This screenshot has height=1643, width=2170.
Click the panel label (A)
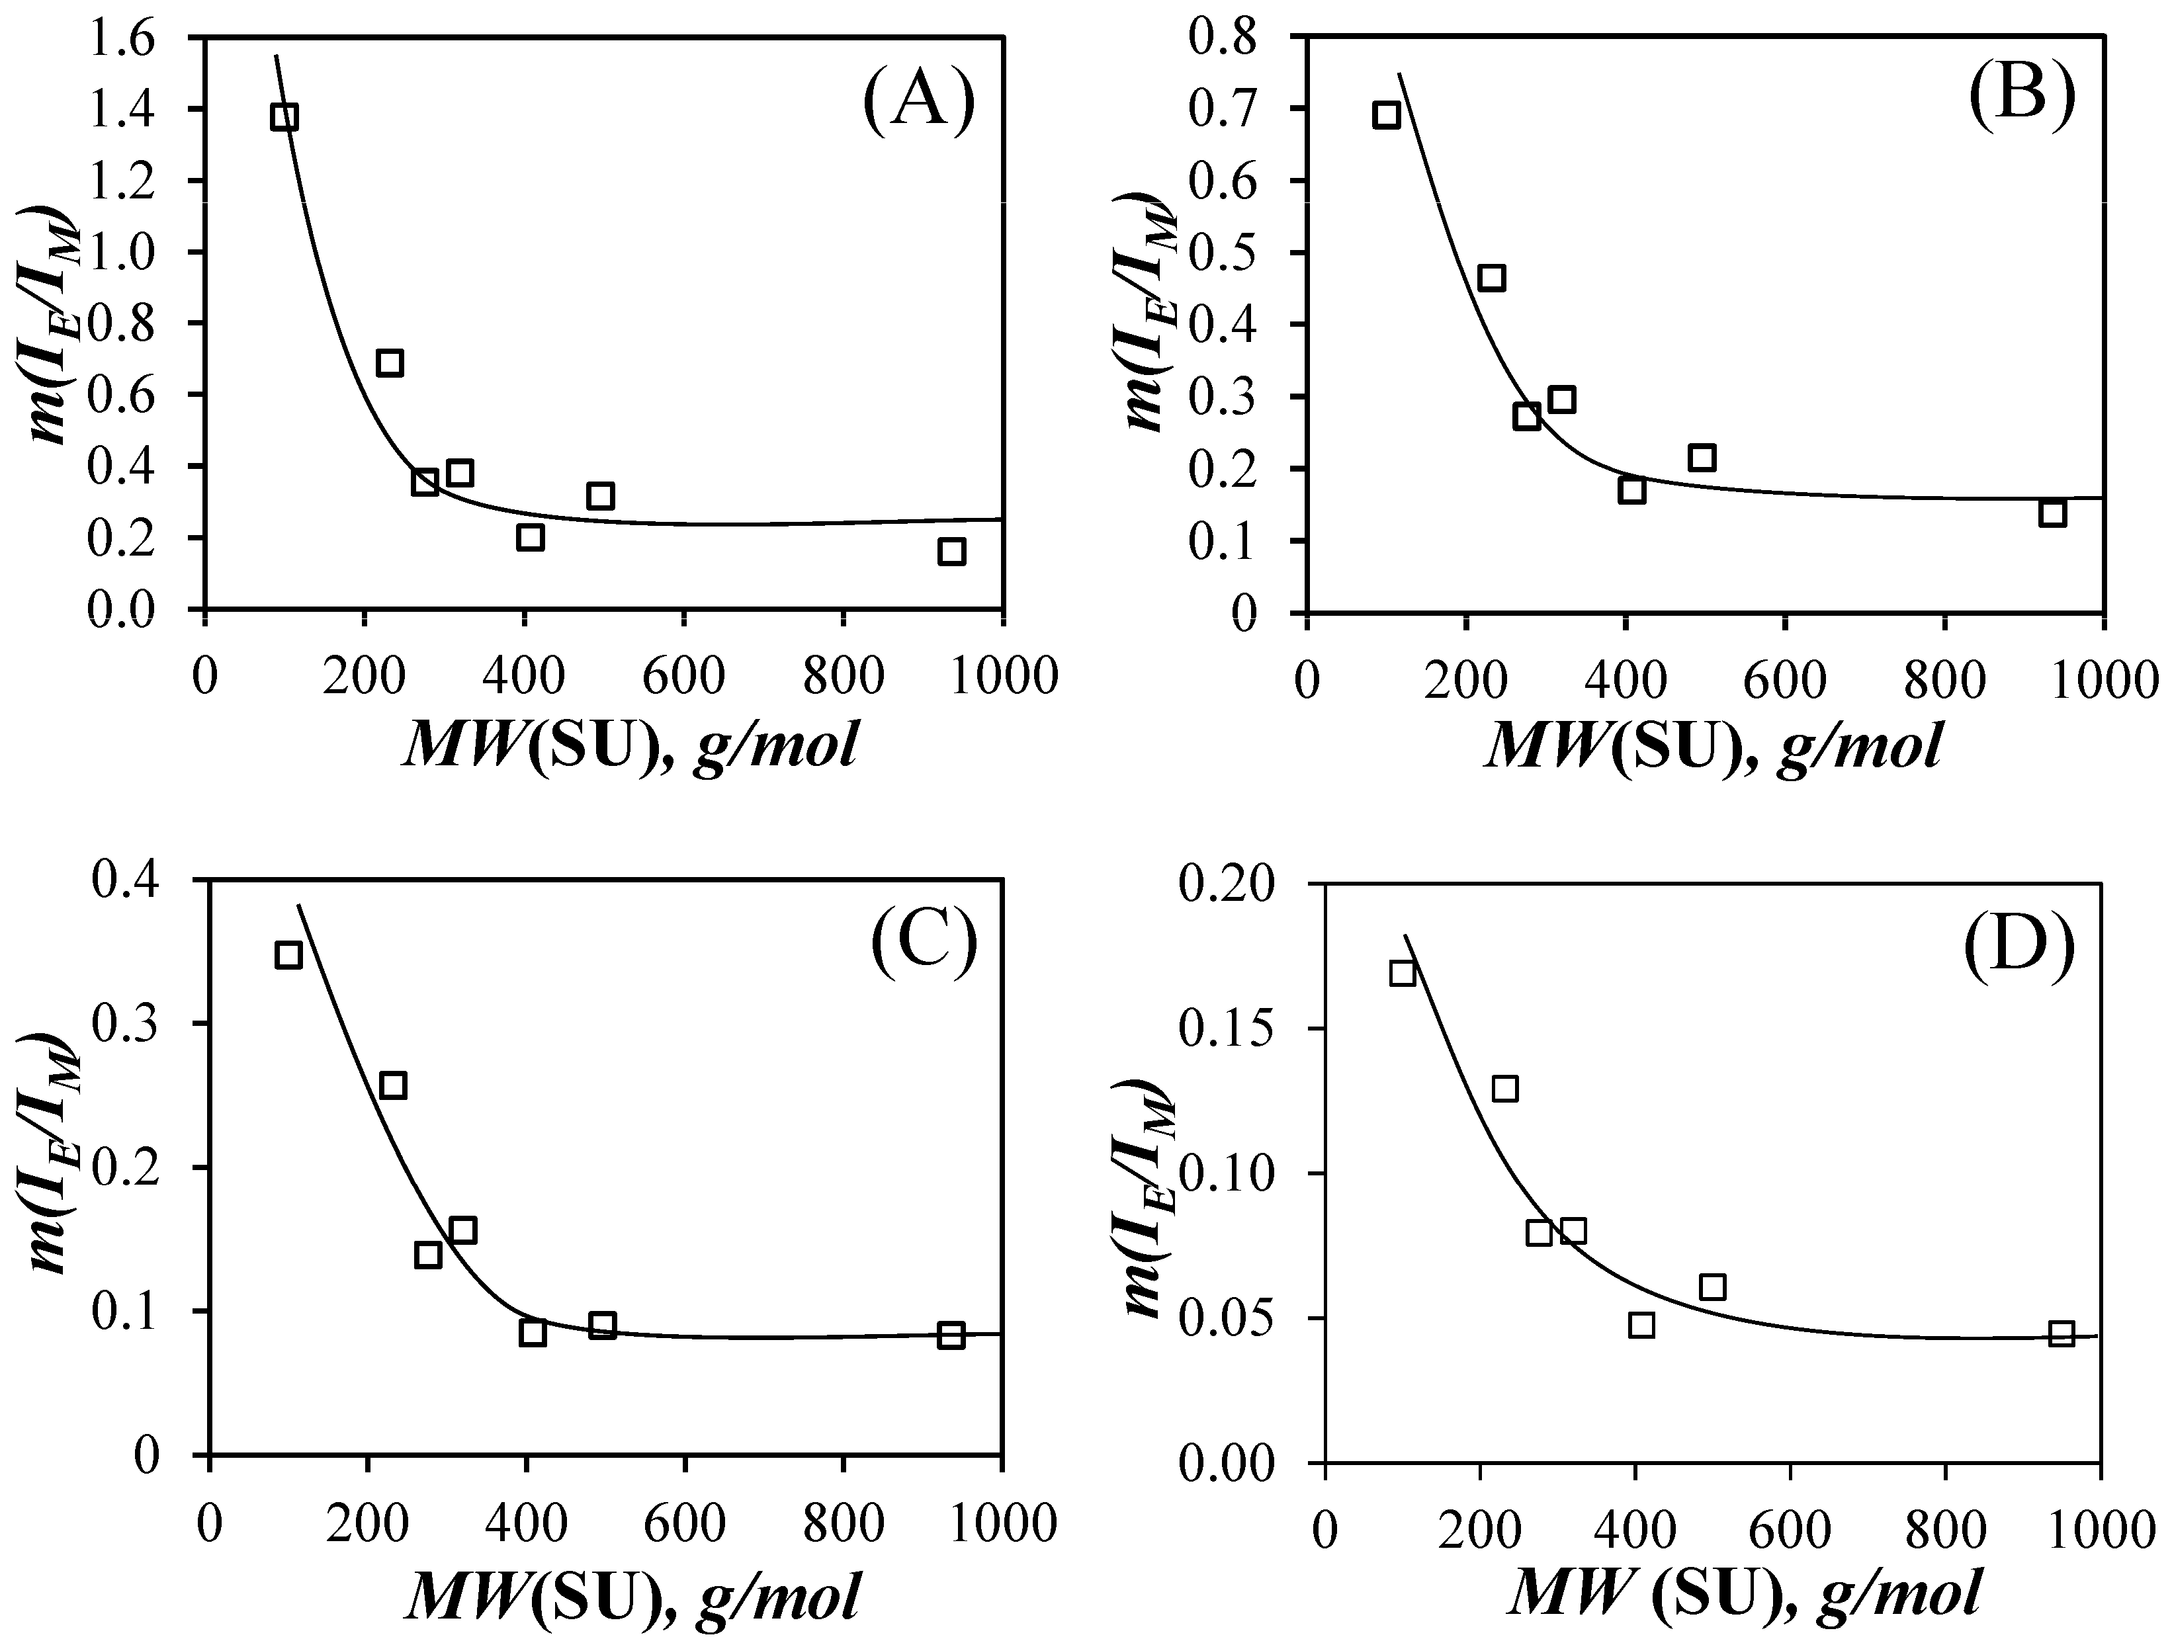(x=919, y=104)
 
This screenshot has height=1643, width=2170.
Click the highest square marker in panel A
(x=284, y=116)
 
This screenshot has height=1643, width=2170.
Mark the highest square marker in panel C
(x=288, y=954)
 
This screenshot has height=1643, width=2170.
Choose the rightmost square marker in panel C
(x=951, y=1334)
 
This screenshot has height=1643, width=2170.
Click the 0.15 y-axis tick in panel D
(x=1227, y=1028)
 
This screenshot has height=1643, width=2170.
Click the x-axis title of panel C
(x=632, y=1596)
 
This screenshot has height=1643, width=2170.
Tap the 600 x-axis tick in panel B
(x=1784, y=679)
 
